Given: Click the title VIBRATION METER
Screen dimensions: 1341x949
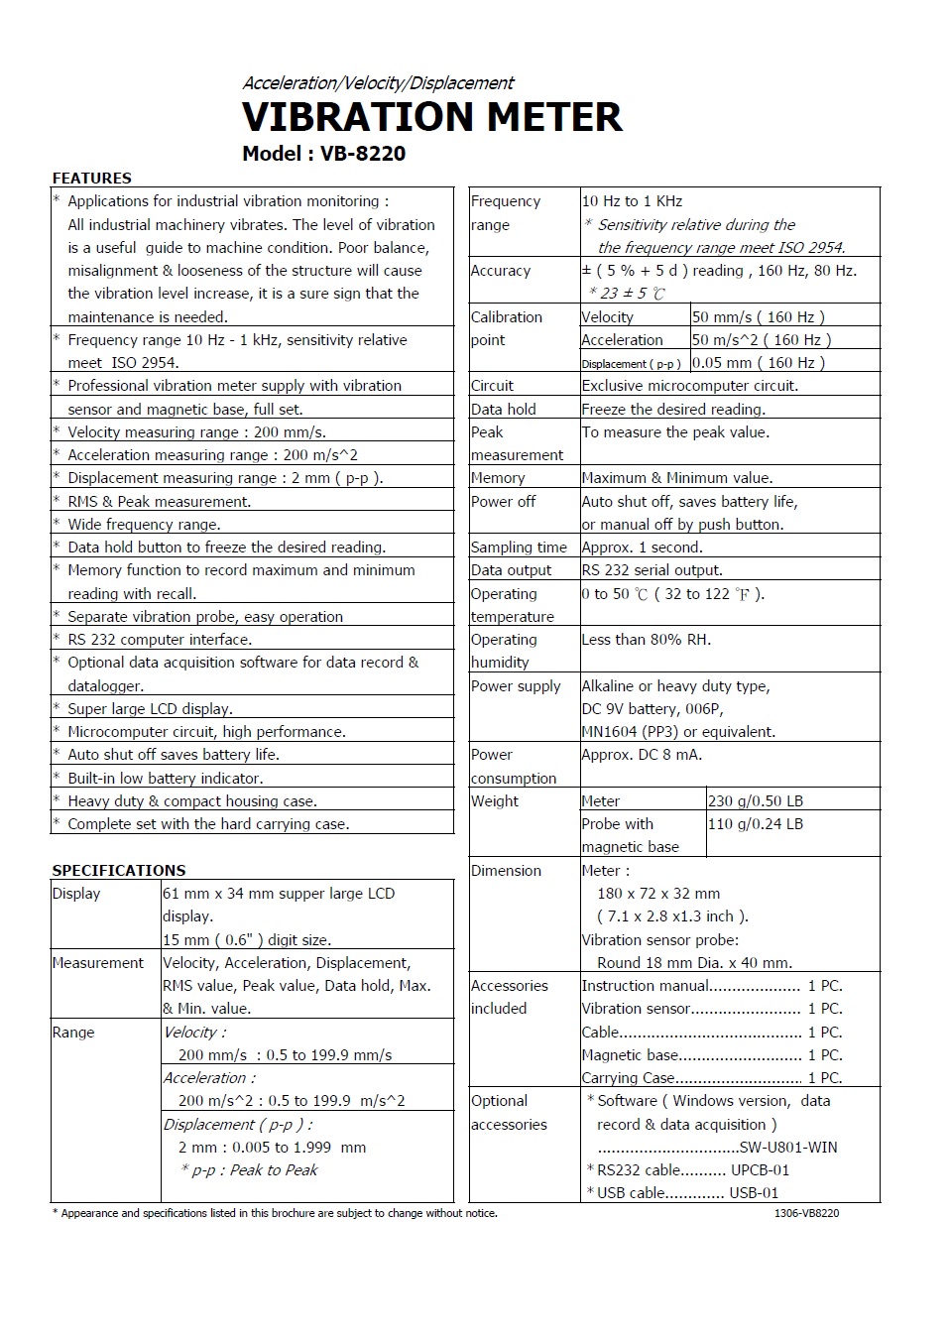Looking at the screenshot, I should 432,117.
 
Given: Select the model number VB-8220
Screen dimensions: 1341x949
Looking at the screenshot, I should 363,154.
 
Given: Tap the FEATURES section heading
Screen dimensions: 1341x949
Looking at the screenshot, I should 91,179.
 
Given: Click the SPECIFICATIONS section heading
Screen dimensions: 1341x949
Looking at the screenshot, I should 118,870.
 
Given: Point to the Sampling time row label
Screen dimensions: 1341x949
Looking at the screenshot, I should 519,548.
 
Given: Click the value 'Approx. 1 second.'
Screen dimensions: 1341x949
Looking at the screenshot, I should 642,548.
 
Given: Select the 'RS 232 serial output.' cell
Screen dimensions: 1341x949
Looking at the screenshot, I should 652,570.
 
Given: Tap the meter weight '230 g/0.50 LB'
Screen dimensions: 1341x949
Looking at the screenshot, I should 755,801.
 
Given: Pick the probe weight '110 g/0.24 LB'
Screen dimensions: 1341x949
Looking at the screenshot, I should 755,824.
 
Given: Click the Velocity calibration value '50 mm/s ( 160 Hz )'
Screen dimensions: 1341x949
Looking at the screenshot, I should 758,317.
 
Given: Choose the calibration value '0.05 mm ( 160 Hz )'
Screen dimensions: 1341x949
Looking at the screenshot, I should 758,363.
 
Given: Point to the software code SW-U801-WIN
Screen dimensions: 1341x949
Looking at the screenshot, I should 788,1148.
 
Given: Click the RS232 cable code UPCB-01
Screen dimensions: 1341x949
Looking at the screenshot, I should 760,1170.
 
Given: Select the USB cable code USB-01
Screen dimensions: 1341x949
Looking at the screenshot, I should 754,1193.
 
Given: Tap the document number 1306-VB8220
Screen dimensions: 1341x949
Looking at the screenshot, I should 806,1213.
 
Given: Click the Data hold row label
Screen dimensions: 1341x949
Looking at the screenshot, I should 503,410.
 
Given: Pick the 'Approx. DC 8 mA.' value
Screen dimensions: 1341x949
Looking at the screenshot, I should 642,755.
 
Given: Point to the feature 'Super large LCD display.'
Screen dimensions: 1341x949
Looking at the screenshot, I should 150,709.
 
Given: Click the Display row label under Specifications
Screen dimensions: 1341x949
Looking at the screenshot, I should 76,894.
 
